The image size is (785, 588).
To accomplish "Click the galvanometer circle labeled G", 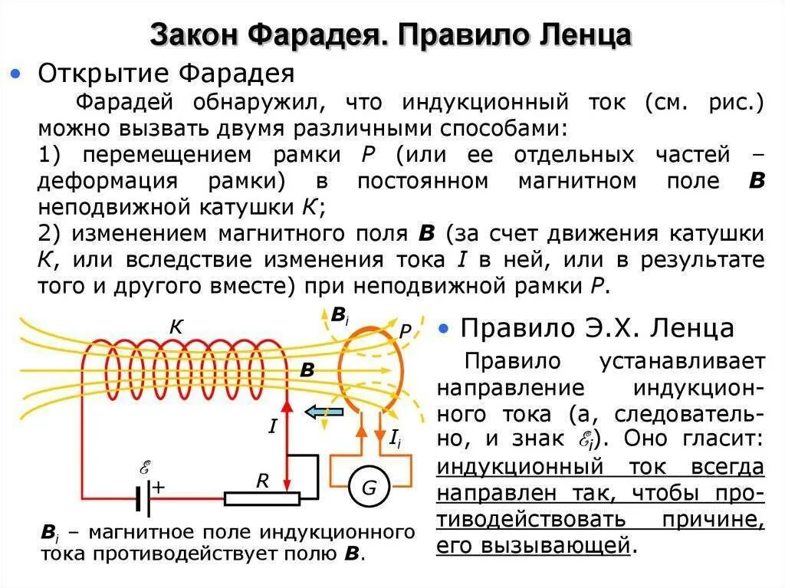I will pos(370,487).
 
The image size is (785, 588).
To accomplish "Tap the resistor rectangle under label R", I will pos(261,499).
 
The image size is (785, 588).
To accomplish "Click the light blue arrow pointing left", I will pos(324,412).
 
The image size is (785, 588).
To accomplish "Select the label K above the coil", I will pos(176,327).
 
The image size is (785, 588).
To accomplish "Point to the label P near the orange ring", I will pos(406,331).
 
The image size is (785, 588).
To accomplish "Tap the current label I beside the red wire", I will pos(272,426).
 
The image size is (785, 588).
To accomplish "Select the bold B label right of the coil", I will pos(307,370).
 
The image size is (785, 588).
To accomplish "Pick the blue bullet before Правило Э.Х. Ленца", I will pos(443,329).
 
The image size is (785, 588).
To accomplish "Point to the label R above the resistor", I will pos(262,481).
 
